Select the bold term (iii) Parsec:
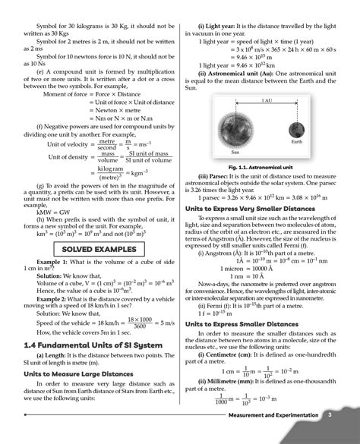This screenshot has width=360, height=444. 217,175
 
